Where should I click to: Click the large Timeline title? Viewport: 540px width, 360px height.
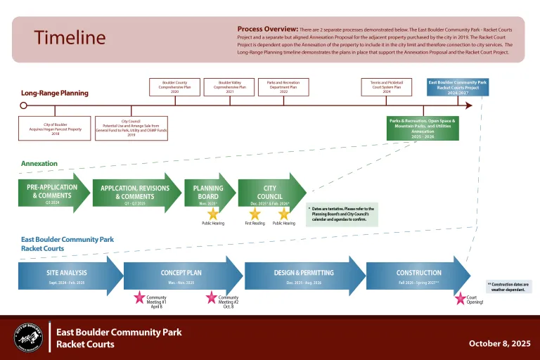click(x=70, y=38)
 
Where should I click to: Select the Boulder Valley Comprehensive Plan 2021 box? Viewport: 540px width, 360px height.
click(x=230, y=86)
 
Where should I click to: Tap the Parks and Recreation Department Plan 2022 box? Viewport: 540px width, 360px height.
click(x=283, y=86)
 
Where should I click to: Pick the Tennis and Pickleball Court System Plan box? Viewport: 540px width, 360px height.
click(x=386, y=86)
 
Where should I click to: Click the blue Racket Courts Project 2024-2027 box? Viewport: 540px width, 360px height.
click(x=457, y=86)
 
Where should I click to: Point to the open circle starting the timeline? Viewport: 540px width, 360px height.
click(x=23, y=106)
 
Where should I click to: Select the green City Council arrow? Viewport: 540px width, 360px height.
click(x=271, y=193)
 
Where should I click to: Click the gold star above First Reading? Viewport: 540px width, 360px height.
click(x=255, y=213)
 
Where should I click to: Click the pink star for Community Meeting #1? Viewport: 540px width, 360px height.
click(x=139, y=297)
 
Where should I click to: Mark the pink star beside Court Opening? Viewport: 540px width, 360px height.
click(x=461, y=298)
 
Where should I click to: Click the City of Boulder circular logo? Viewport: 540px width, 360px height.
click(x=27, y=338)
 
